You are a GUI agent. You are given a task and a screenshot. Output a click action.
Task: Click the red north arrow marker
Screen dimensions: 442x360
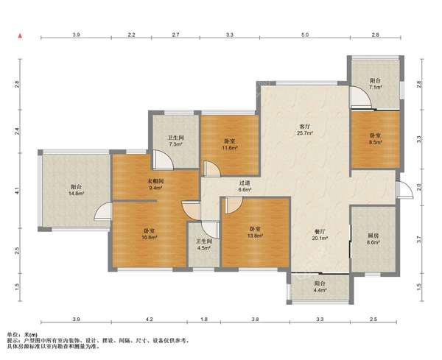pos(20,36)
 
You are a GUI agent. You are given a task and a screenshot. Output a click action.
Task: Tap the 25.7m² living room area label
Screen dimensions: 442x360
pos(305,130)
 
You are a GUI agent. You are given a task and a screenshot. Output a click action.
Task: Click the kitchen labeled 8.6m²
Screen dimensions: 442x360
pos(372,239)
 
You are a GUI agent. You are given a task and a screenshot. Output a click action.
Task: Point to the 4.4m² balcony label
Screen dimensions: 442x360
pos(320,286)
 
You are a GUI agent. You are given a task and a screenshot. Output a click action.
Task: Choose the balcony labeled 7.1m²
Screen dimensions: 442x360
pos(376,84)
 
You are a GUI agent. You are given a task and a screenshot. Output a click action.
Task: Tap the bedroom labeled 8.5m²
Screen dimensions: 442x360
pos(376,139)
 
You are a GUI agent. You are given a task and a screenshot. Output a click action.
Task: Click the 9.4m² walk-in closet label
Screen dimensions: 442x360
pos(155,184)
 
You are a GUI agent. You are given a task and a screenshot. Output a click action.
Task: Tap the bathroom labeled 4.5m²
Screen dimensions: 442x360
pos(204,244)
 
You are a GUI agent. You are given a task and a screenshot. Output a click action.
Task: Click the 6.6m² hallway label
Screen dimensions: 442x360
pos(244,186)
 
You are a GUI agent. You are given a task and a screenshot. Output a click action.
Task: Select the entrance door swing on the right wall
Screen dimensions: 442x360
pos(404,191)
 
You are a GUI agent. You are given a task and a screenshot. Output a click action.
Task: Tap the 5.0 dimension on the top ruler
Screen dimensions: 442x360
pos(305,35)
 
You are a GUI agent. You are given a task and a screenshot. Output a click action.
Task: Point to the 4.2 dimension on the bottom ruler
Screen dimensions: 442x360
pos(150,320)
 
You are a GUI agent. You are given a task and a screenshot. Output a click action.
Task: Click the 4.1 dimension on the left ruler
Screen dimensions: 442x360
pos(18,191)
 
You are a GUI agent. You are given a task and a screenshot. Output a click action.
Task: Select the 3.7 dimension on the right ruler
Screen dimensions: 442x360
pos(419,240)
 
